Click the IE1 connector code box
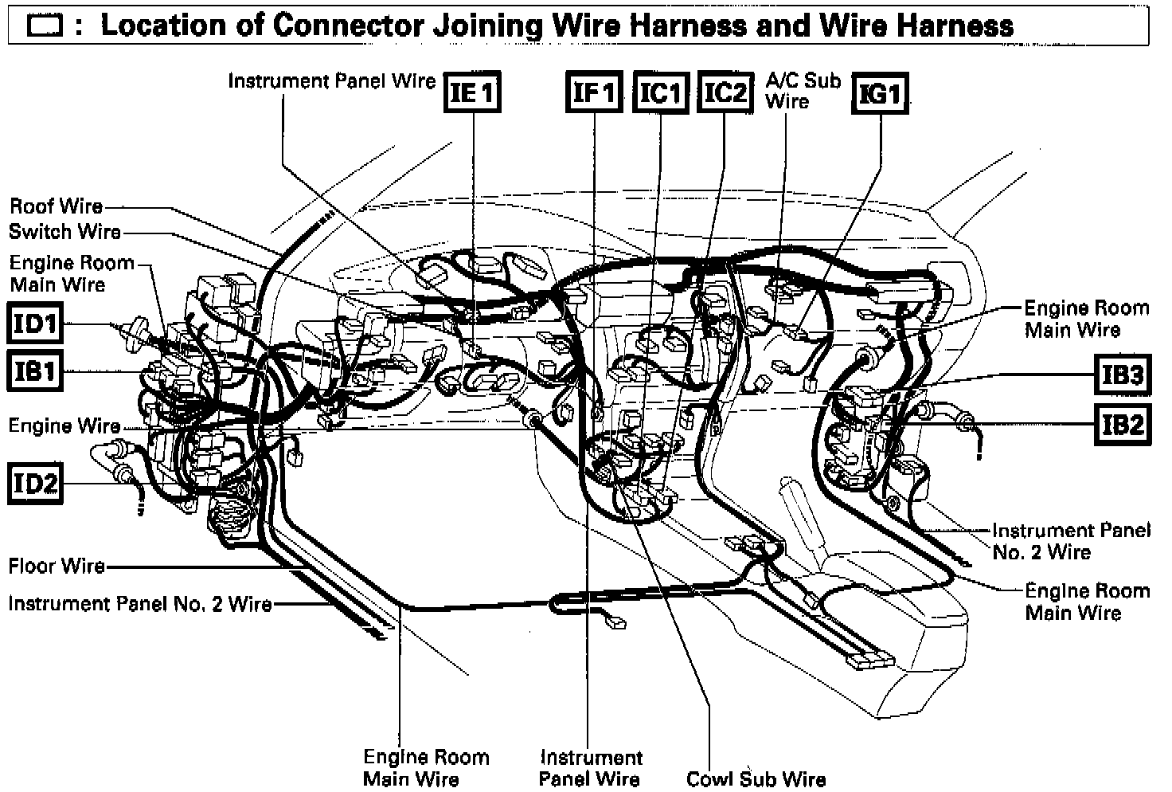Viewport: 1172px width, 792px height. [x=473, y=92]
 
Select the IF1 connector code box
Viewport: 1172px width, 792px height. [x=594, y=92]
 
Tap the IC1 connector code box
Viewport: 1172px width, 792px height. [x=661, y=92]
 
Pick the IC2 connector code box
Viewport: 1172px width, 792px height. [x=725, y=92]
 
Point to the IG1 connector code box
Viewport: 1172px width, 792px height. [x=880, y=93]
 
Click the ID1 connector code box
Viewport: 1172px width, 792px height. [x=34, y=324]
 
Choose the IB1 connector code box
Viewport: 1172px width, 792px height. [x=34, y=371]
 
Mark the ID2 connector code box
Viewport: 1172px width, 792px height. [x=34, y=482]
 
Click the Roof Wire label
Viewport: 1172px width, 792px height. [x=56, y=206]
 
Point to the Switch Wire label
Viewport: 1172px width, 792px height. [x=64, y=232]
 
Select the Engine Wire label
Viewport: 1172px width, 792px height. [x=64, y=425]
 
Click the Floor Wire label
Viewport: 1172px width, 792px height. [x=56, y=567]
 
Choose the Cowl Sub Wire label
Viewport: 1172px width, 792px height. [x=756, y=778]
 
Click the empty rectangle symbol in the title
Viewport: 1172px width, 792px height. [x=44, y=27]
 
